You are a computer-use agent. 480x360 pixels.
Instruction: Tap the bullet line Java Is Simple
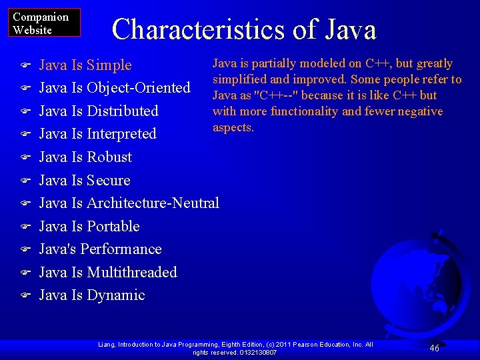pos(85,65)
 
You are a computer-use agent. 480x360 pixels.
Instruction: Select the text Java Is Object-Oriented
pos(115,88)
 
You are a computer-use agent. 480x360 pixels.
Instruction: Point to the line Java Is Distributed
pos(99,111)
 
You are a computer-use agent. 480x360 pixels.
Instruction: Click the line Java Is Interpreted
pos(97,134)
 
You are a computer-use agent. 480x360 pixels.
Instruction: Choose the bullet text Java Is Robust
pos(85,157)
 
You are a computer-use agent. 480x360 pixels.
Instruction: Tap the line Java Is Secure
pos(85,181)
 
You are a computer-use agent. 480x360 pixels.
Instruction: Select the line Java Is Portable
pos(89,226)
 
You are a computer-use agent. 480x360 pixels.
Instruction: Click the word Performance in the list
pos(124,249)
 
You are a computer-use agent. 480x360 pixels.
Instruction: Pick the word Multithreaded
pos(132,272)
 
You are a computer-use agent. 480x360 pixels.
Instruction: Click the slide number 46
pos(434,348)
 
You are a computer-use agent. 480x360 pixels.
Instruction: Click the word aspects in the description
pos(233,127)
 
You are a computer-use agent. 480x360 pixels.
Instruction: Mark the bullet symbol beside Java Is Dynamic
pos(26,295)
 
